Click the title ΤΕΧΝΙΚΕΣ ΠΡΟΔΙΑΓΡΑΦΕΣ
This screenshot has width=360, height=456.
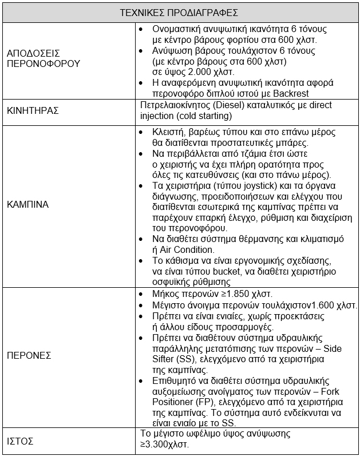coord(179,11)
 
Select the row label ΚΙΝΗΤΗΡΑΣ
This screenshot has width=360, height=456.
coord(33,110)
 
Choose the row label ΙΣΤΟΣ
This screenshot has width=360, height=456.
coord(20,441)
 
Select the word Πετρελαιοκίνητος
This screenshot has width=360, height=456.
coord(175,105)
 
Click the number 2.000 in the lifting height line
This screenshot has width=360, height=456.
coord(194,72)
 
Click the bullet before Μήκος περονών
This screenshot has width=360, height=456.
coord(142,294)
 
